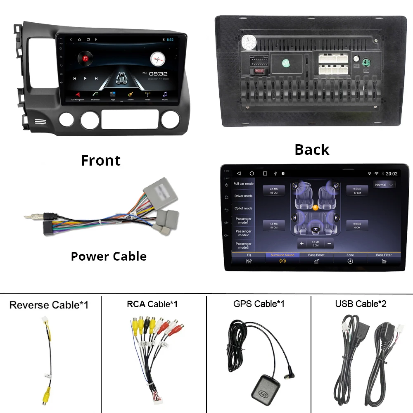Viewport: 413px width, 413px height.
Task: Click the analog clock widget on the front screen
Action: pyautogui.click(x=157, y=59)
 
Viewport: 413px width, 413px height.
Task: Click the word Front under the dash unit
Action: pyautogui.click(x=101, y=160)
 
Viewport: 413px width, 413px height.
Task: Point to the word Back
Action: pyautogui.click(x=312, y=150)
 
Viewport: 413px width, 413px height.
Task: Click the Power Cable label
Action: pyautogui.click(x=109, y=256)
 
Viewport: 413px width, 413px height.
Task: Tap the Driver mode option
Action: pyautogui.click(x=243, y=196)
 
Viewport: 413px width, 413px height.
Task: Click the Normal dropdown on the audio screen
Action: pyautogui.click(x=384, y=185)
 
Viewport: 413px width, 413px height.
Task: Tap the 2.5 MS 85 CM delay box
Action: pyautogui.click(x=274, y=190)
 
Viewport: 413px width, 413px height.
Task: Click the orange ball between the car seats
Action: pyautogui.click(x=316, y=208)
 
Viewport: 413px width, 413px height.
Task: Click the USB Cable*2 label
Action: pyautogui.click(x=361, y=304)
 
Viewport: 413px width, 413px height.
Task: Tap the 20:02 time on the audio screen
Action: pyautogui.click(x=391, y=174)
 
